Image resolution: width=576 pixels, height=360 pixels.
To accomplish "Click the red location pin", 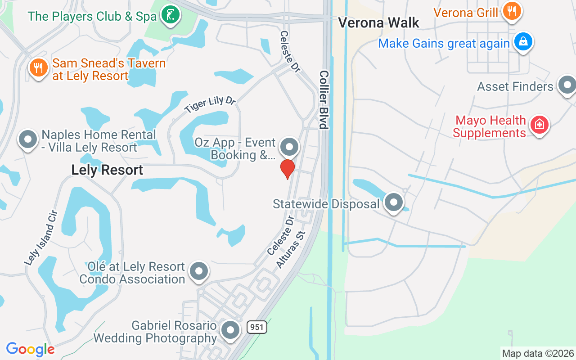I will (x=288, y=169).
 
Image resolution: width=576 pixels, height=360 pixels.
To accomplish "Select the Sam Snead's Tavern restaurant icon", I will (x=39, y=68).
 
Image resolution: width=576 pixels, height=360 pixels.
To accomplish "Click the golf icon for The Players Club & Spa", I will (x=170, y=15).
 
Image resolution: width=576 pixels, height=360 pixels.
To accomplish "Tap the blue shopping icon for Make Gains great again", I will (x=523, y=42).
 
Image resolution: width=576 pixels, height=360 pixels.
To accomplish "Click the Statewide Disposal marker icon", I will (x=394, y=203).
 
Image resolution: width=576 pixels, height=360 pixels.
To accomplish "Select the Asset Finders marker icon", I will (x=567, y=85).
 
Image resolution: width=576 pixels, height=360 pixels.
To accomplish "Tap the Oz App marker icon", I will (x=289, y=147).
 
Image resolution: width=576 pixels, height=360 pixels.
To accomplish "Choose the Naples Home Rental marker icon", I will (x=28, y=139).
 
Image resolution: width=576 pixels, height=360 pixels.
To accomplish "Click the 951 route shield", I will (x=257, y=327).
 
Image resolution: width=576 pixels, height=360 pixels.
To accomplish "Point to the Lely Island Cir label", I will (x=41, y=237).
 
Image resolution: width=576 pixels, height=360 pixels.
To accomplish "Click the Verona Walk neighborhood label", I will (x=378, y=22).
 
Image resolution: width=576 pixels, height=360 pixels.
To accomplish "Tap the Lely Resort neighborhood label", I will (x=107, y=170).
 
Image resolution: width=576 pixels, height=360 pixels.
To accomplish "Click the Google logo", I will (x=30, y=349).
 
